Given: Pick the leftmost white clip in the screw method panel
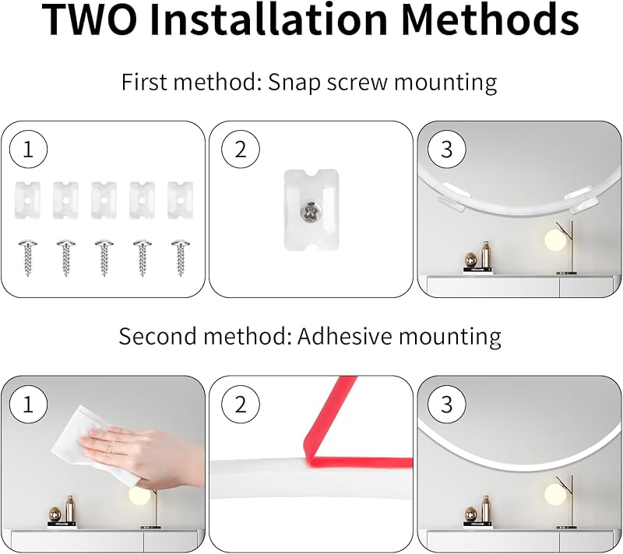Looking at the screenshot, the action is click(27, 201).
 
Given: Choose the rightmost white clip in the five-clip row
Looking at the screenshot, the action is click(181, 201).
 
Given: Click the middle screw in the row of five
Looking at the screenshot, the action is click(104, 257).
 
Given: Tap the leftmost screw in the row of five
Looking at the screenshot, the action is click(28, 257).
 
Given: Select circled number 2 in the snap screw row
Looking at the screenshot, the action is click(241, 150).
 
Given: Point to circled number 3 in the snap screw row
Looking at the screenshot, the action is click(446, 150).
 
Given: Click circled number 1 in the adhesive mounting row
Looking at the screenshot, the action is click(28, 405).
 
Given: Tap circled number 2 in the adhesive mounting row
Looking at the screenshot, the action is click(241, 405).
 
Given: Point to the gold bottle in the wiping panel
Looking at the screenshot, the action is click(70, 510).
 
